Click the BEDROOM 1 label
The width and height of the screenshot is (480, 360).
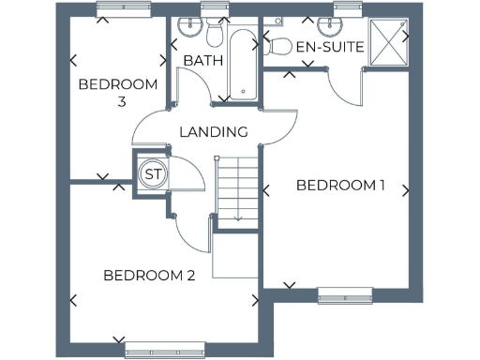[340, 185]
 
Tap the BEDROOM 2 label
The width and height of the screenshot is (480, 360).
[149, 276]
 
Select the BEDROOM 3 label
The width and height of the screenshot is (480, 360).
[118, 92]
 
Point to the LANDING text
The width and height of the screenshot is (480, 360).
[213, 132]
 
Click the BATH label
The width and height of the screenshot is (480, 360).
[202, 61]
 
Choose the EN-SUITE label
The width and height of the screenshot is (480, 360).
[329, 47]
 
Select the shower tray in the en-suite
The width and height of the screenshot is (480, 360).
[387, 40]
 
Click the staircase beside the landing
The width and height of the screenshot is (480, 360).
[237, 187]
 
